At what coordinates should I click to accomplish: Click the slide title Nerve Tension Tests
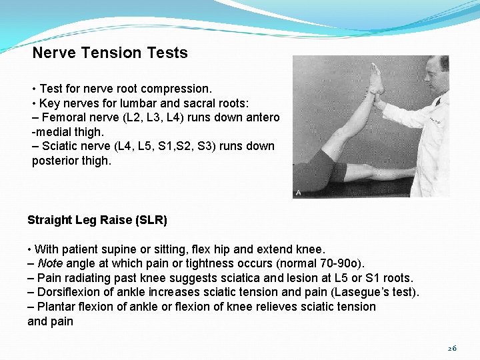click(x=110, y=53)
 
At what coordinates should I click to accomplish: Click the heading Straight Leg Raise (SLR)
click(x=97, y=220)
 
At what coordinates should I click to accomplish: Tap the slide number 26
click(x=452, y=349)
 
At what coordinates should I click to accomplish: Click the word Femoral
click(x=63, y=117)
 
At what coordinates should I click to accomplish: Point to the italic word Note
click(x=50, y=263)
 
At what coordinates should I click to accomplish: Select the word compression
click(x=181, y=89)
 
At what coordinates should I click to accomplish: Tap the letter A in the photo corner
click(x=298, y=193)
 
